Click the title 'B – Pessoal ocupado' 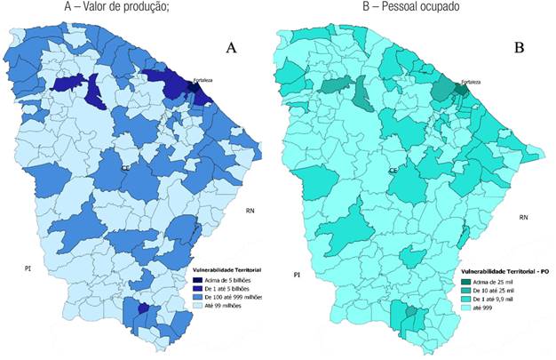[409, 8]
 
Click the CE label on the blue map [127, 167]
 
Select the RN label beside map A [251, 211]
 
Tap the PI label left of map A [28, 267]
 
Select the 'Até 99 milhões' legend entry [218, 305]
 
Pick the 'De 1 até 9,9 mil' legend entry [494, 300]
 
